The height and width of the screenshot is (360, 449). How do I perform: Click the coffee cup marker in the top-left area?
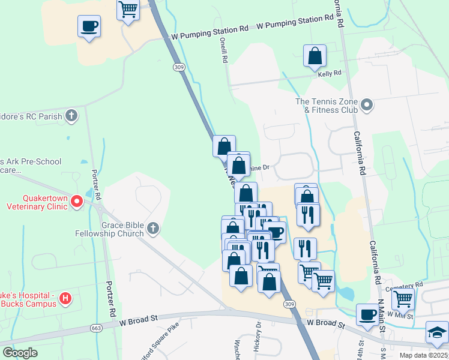point(89,26)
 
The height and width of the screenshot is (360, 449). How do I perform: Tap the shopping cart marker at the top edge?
point(128,9)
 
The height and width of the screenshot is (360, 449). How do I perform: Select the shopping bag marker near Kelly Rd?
point(315,56)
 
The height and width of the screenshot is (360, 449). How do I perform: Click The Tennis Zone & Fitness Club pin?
point(367,106)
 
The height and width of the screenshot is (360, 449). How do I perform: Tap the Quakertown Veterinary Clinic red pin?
point(77,202)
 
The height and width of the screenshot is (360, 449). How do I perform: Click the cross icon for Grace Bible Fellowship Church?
point(153,228)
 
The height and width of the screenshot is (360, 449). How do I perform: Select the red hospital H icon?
point(66,298)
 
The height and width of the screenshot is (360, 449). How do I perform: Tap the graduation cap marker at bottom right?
point(436,332)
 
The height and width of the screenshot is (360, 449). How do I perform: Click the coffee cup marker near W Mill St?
point(367,314)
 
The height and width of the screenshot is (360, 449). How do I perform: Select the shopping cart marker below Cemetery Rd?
point(403,297)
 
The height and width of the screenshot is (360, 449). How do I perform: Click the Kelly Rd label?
point(330,73)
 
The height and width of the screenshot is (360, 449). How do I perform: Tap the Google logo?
point(20,353)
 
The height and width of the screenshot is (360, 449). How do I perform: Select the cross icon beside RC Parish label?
point(71,115)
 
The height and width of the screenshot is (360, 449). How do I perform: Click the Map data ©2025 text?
point(423,355)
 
